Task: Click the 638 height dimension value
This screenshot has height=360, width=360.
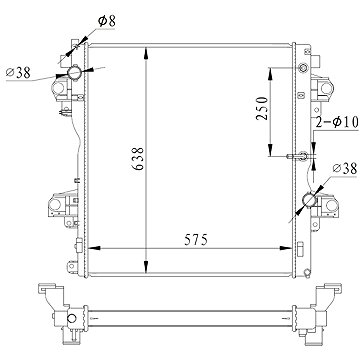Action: point(138,159)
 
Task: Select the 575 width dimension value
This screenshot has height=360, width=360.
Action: point(196,240)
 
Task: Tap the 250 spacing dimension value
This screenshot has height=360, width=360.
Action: point(262,108)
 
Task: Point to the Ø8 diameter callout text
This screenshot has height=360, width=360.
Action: point(107,21)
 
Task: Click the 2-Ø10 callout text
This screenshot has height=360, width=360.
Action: point(337,122)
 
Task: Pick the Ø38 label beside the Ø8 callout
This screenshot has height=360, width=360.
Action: point(18,72)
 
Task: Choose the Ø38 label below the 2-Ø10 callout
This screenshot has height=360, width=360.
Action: point(345,169)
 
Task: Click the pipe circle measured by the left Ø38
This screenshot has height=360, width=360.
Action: point(74,72)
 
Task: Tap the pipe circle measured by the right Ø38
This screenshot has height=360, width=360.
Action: point(309,200)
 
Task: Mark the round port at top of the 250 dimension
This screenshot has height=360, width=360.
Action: point(303,68)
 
